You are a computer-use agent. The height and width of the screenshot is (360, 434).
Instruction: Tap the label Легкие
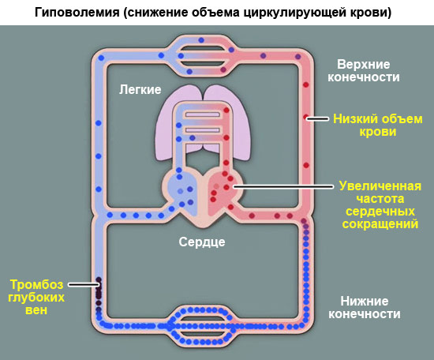[140, 88]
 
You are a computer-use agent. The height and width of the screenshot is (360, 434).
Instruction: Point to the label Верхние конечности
[368, 70]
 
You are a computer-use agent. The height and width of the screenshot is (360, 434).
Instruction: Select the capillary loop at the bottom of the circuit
[204, 324]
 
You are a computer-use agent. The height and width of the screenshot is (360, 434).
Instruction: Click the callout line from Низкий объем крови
[319, 118]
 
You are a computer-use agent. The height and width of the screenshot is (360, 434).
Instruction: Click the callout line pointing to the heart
[284, 188]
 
